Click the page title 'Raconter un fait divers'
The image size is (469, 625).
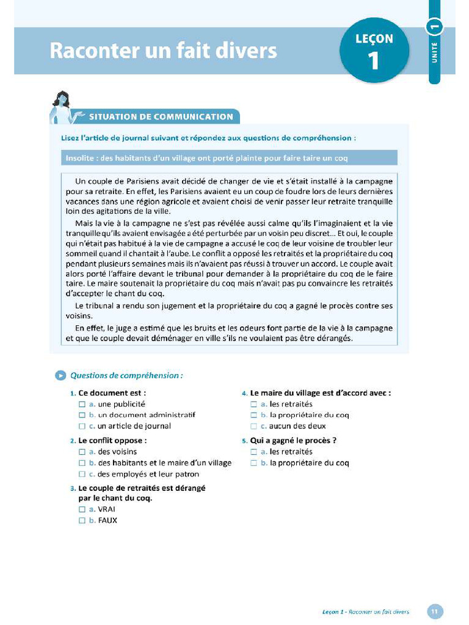(x=163, y=51)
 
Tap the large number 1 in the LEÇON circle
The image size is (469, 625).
(x=373, y=61)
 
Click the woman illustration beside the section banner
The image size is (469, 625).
(x=64, y=108)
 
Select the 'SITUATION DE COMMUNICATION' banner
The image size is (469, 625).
(x=161, y=117)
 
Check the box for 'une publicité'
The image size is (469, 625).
(x=82, y=404)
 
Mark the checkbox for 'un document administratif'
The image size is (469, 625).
(x=82, y=415)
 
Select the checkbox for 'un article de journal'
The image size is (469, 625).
(x=82, y=426)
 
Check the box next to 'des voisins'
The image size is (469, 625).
(x=82, y=452)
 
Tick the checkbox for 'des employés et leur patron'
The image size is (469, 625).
(x=82, y=474)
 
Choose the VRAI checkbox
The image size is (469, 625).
(x=82, y=509)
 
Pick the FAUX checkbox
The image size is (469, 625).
(x=82, y=521)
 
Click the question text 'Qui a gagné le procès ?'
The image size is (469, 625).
(x=293, y=440)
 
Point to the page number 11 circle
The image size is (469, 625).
(x=435, y=611)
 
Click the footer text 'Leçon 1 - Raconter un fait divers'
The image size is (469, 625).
(x=365, y=612)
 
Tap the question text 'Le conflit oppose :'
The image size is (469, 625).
(x=112, y=440)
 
